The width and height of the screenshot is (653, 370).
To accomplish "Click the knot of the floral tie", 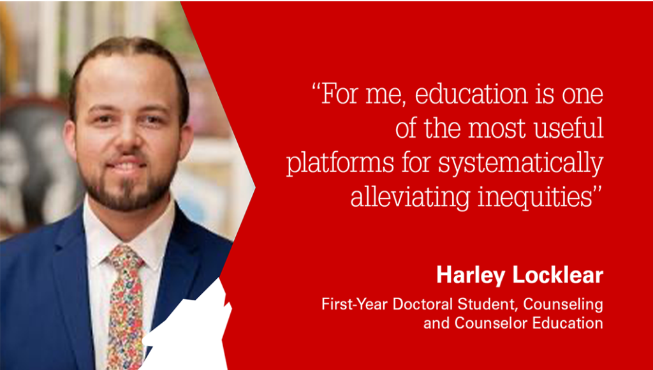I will point(124,258).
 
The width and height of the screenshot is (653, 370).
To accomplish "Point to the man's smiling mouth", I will point(128,168).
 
